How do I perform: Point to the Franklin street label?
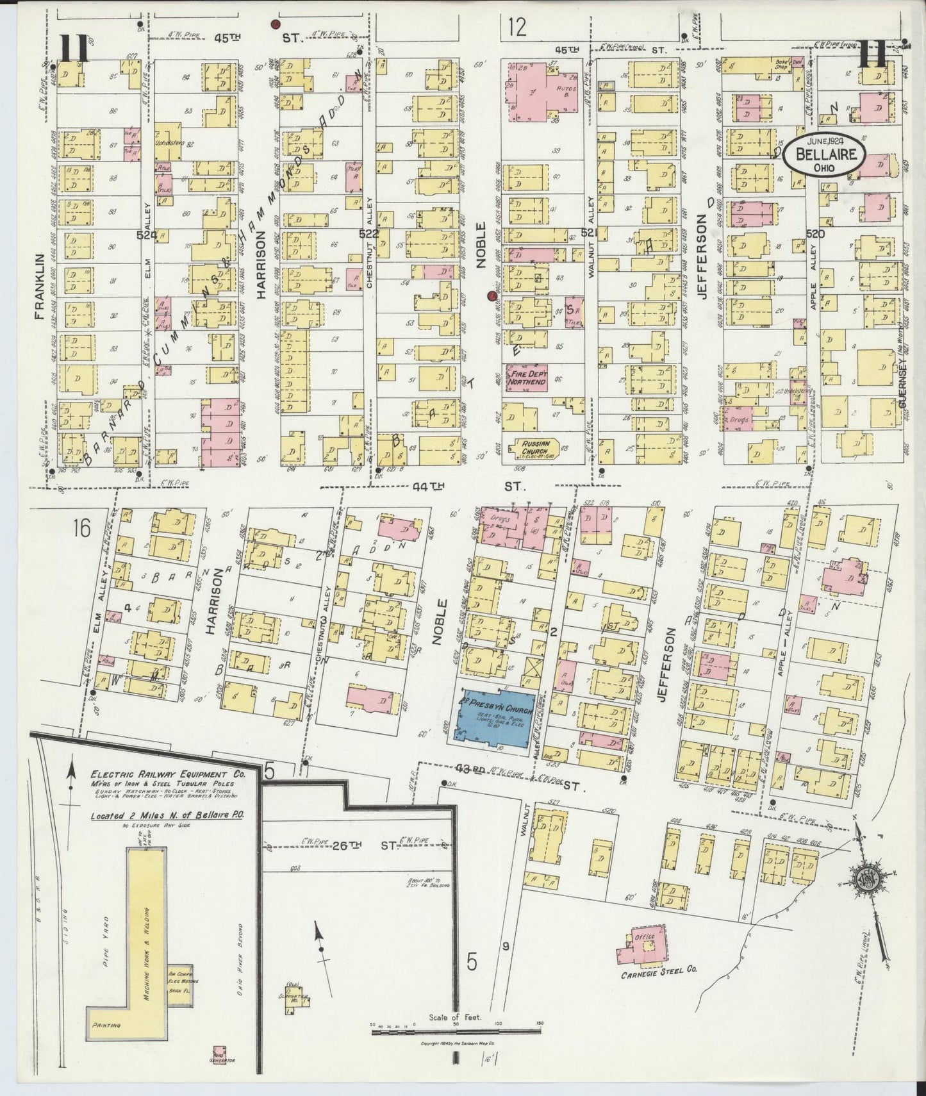pos(40,286)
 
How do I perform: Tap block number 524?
pos(145,236)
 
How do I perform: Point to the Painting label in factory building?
pos(106,1025)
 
